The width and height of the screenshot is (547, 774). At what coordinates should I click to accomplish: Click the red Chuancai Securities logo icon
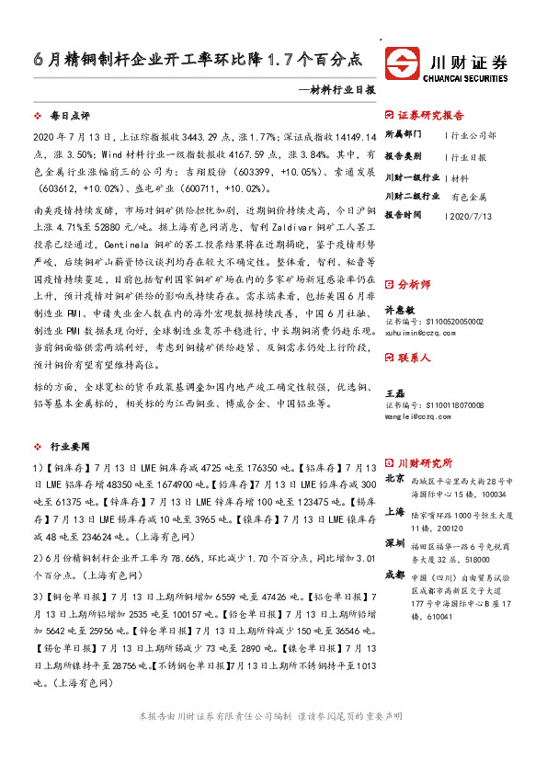403,65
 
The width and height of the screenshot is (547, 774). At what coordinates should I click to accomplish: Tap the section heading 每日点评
69,117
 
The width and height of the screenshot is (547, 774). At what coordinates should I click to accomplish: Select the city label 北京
395,479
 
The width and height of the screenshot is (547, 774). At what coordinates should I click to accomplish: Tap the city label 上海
395,512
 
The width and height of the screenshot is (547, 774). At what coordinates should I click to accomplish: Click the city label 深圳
395,544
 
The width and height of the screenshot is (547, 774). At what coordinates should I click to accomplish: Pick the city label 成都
395,575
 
